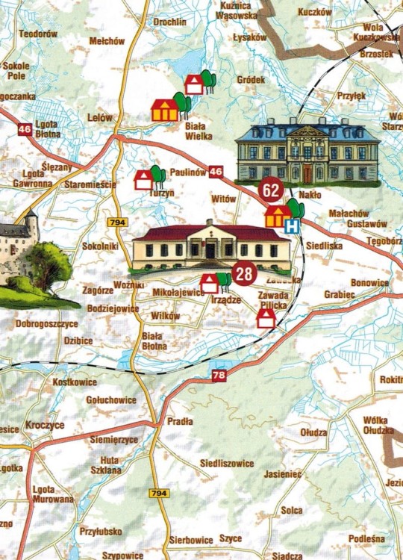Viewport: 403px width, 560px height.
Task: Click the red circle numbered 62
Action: pyautogui.click(x=271, y=190)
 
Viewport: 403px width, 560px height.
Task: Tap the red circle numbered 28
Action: pyautogui.click(x=243, y=274)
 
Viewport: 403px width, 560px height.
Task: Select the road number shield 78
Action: pyautogui.click(x=218, y=376)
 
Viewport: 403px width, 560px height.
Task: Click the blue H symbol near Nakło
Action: pyautogui.click(x=296, y=225)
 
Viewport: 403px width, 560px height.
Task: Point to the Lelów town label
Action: pyautogui.click(x=99, y=118)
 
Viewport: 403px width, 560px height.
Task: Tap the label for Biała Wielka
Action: pyautogui.click(x=199, y=131)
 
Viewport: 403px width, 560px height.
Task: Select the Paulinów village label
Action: pyautogui.click(x=186, y=172)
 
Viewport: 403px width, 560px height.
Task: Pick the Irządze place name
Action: pyautogui.click(x=225, y=299)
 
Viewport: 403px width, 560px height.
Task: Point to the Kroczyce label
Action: pyautogui.click(x=45, y=425)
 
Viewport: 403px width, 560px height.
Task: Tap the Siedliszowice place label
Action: pyautogui.click(x=227, y=463)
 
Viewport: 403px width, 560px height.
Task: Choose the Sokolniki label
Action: pyautogui.click(x=101, y=246)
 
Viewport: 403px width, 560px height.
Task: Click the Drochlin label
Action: pyautogui.click(x=169, y=22)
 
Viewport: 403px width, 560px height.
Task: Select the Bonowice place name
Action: pyautogui.click(x=369, y=283)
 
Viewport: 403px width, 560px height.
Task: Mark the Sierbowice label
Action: pyautogui.click(x=191, y=538)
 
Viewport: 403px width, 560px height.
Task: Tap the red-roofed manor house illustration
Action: pyautogui.click(x=211, y=245)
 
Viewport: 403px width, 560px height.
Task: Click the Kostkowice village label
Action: pyautogui.click(x=75, y=382)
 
